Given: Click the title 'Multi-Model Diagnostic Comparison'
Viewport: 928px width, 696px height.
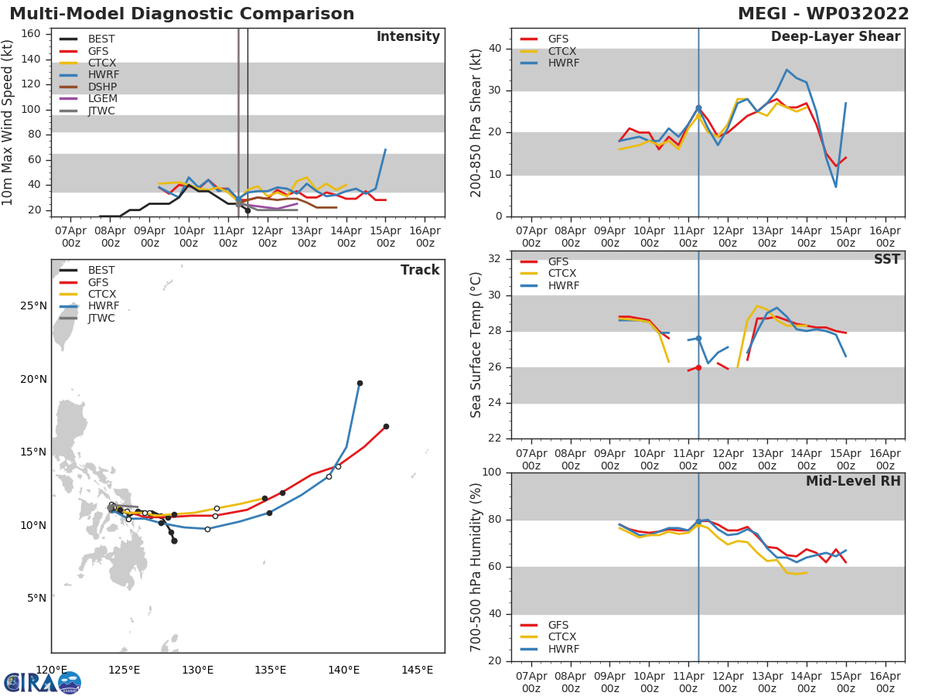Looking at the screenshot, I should pos(182,14).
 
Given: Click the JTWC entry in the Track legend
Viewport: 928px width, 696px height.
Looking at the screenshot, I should pos(101,318).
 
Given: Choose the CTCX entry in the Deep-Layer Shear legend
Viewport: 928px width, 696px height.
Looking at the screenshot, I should pos(561,51).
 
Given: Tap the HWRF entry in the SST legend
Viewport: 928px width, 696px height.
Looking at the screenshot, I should pos(563,286).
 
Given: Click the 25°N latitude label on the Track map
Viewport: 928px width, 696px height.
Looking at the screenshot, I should pos(33,306).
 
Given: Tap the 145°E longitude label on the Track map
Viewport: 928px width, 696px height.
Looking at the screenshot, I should pos(417,670).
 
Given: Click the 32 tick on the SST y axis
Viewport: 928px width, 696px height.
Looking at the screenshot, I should pos(494,259).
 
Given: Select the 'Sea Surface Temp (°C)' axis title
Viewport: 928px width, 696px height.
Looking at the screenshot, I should pos(476,345).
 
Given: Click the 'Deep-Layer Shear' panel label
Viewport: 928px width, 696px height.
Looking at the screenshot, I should pos(835,37).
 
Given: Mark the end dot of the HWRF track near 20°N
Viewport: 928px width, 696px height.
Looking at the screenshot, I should pos(360,383).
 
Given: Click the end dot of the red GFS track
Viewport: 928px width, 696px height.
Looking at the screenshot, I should pos(386,426).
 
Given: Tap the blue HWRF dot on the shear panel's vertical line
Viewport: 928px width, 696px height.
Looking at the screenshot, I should pos(698,108).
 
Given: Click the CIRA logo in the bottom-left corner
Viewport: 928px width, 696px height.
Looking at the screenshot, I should pos(43,683).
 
